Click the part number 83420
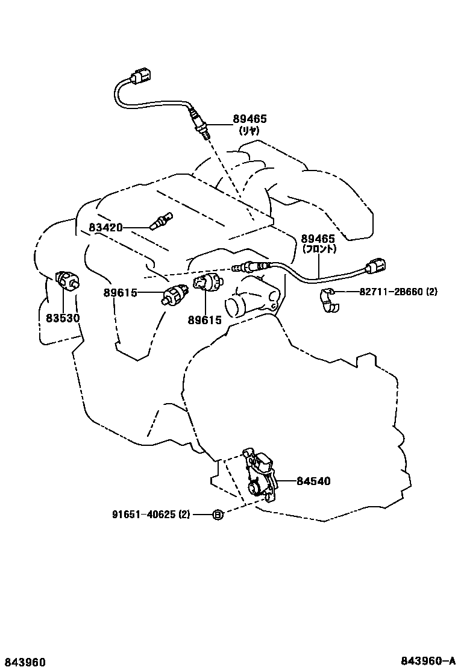click(105, 228)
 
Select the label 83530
click(63, 318)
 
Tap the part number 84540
click(313, 481)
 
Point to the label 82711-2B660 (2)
click(398, 292)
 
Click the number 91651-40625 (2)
click(151, 515)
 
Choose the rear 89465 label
click(249, 119)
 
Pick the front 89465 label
click(318, 239)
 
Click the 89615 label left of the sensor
click(120, 293)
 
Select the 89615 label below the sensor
click(204, 319)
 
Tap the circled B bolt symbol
click(218, 515)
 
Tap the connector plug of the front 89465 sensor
click(378, 266)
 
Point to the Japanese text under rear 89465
click(249, 130)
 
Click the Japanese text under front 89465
click(318, 249)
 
